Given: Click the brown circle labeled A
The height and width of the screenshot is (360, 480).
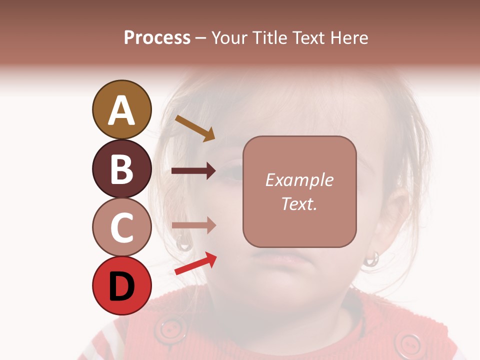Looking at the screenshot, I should [121, 110].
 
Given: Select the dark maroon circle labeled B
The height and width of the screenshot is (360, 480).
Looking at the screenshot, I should [121, 169].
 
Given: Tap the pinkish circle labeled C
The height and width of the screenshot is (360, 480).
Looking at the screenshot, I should [121, 227].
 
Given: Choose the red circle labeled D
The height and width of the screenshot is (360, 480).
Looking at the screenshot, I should [121, 286].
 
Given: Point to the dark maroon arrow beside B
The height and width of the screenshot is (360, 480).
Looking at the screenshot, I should [193, 171].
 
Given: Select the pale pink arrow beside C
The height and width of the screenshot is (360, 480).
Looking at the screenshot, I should [193, 225].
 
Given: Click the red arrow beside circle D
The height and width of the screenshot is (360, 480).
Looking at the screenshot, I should [195, 263].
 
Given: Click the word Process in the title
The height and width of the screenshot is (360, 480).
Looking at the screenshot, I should [157, 37].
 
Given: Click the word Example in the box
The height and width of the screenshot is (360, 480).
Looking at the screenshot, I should [299, 180].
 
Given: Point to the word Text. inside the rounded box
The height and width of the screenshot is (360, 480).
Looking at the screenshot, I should [299, 203].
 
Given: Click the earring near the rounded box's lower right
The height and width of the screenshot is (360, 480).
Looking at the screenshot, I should [371, 258].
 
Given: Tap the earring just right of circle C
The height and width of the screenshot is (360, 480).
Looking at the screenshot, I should [183, 243].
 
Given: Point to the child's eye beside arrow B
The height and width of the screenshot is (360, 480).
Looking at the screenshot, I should [231, 172].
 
